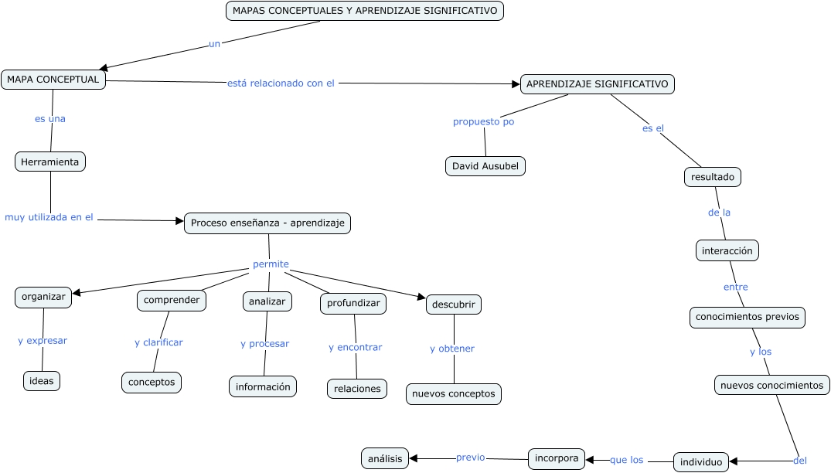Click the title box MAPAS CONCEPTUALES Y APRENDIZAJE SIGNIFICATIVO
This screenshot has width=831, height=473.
click(x=365, y=11)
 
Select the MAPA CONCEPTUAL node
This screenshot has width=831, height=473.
click(x=53, y=80)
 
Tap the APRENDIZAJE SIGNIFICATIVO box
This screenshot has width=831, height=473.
click(x=598, y=84)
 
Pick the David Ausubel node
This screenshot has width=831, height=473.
click(x=485, y=166)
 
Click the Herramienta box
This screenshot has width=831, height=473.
click(x=50, y=162)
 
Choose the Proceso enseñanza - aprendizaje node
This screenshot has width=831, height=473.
click(x=267, y=223)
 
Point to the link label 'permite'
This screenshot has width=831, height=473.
click(x=271, y=264)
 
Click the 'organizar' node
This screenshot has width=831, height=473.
click(x=43, y=298)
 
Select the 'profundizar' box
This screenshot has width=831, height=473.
click(x=353, y=304)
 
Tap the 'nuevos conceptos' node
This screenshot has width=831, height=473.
click(x=454, y=394)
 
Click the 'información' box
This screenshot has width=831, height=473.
click(x=263, y=386)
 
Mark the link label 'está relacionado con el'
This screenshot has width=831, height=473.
click(x=281, y=83)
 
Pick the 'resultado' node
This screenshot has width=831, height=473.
click(x=713, y=177)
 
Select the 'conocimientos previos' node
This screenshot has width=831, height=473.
click(x=748, y=318)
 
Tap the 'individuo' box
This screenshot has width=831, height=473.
click(x=701, y=462)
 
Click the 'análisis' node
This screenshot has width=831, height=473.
click(x=385, y=458)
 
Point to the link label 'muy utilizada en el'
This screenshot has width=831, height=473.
click(x=49, y=218)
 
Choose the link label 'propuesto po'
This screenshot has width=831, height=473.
click(x=483, y=122)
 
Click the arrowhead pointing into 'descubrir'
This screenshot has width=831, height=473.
click(x=422, y=297)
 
